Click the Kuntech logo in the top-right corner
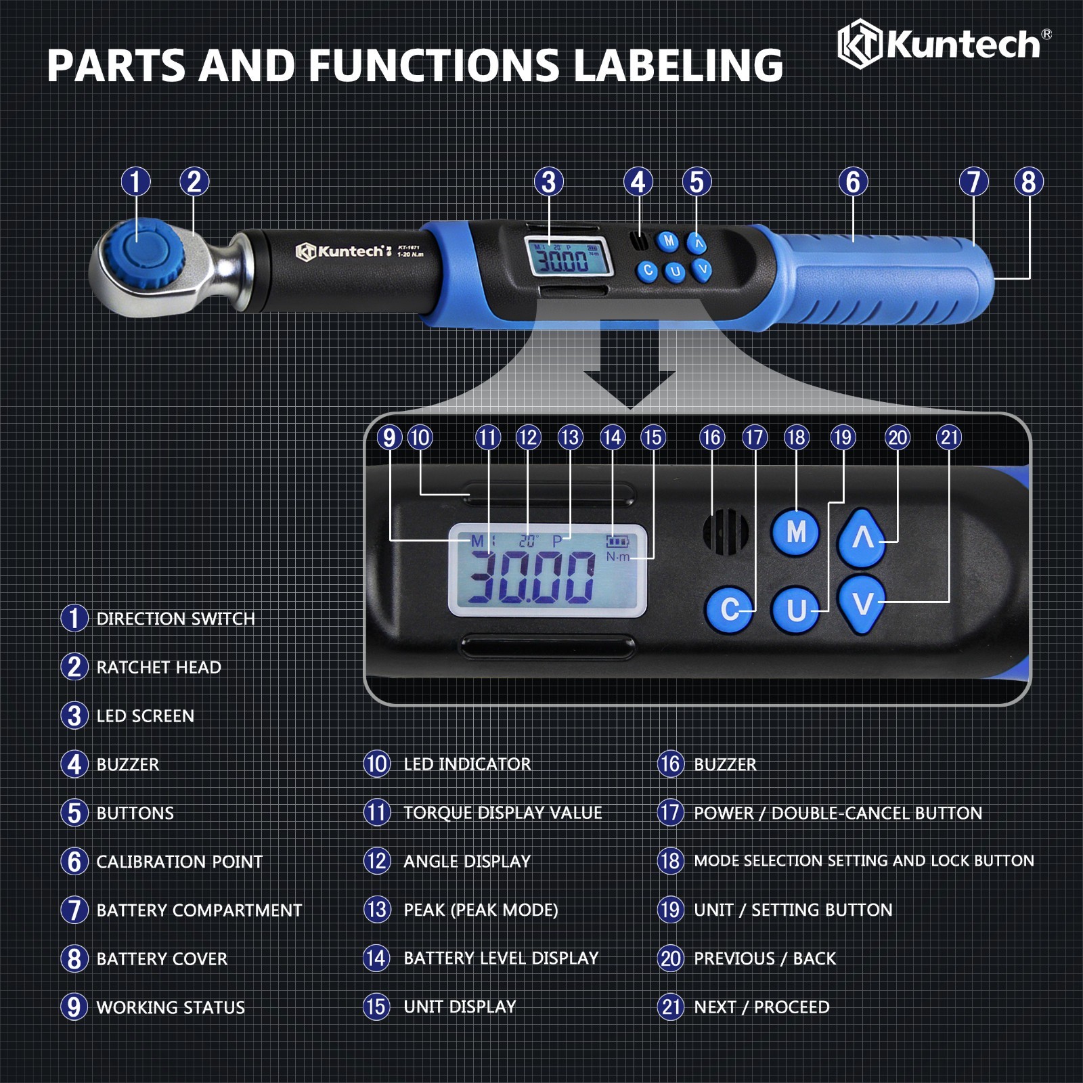[944, 44]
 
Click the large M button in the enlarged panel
[795, 532]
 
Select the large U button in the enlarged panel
[796, 610]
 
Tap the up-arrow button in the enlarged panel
[862, 537]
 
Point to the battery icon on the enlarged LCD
[617, 541]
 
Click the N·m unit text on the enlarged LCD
[617, 557]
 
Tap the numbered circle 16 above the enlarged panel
[711, 438]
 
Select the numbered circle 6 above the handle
[853, 181]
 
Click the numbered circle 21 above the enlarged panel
[950, 438]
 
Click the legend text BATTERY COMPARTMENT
[199, 910]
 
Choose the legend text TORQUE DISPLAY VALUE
[503, 813]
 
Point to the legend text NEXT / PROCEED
[761, 1007]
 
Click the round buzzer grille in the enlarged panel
[726, 533]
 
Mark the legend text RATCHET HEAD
[159, 667]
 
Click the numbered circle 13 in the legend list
[377, 909]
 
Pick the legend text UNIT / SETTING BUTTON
[793, 910]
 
